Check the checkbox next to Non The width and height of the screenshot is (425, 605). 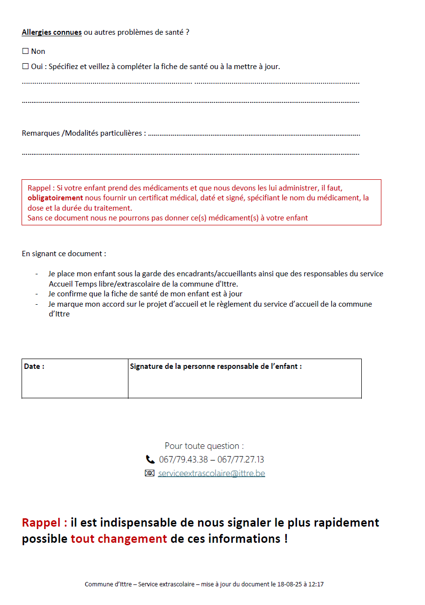25,51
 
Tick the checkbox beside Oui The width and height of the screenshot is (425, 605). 25,66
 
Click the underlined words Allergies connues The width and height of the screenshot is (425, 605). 51,32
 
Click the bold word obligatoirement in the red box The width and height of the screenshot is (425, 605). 55,198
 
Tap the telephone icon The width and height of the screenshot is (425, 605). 150,460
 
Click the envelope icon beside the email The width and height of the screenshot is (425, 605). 150,473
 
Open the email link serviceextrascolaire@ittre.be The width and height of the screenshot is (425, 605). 211,473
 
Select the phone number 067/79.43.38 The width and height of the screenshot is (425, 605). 183,460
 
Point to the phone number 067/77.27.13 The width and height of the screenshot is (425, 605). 241,460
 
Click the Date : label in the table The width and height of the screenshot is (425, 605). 34,366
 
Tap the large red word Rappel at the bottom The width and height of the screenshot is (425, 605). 44,522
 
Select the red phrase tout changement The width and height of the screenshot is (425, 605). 119,538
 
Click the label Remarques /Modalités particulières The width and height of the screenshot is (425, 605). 83,133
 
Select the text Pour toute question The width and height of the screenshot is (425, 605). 204,446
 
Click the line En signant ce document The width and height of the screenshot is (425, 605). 64,254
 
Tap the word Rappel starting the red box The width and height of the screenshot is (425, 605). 39,188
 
